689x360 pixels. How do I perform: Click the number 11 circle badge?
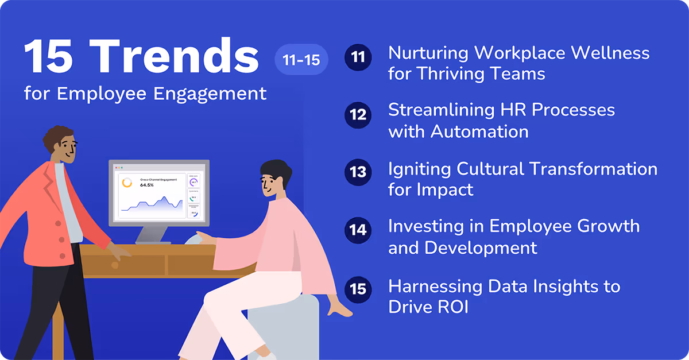tap(358, 59)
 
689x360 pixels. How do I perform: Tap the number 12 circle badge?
tap(358, 114)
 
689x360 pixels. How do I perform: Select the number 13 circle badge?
tap(358, 172)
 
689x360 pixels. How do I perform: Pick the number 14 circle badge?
tap(358, 230)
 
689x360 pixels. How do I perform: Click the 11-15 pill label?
tap(301, 59)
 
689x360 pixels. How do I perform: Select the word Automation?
tap(479, 131)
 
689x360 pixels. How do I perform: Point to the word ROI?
tap(448, 307)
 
